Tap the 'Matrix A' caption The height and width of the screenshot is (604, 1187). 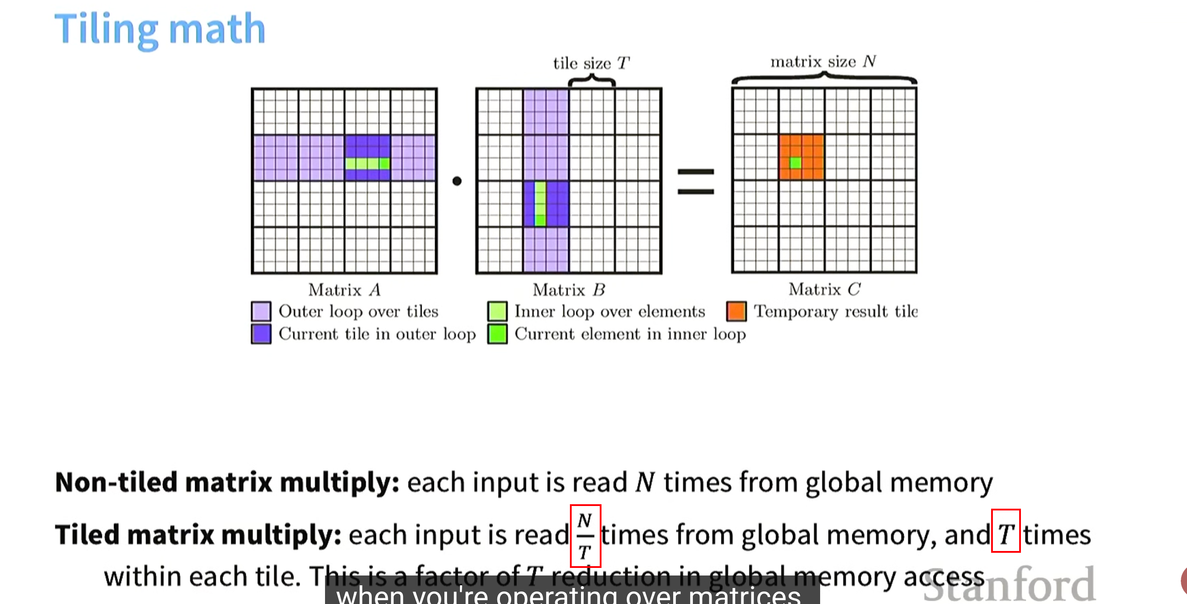tap(344, 290)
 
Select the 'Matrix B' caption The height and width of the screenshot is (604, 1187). tap(569, 290)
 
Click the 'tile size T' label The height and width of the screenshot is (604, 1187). tap(591, 63)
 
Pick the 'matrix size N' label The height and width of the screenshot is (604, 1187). tap(823, 61)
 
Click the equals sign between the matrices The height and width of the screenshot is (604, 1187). tap(695, 181)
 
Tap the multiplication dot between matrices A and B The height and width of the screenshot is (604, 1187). tap(457, 181)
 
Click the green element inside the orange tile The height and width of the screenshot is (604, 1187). tap(795, 163)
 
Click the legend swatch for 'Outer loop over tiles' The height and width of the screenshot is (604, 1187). tap(261, 311)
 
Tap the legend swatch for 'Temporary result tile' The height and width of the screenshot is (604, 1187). tap(736, 311)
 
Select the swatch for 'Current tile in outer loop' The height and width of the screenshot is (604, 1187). tap(261, 334)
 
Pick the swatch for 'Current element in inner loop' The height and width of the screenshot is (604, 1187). tap(497, 334)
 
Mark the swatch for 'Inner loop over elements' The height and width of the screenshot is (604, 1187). tap(497, 311)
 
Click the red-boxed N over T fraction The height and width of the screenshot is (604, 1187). tap(585, 536)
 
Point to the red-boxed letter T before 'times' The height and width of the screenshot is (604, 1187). tap(1005, 531)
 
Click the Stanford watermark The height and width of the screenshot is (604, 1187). tap(1009, 585)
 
